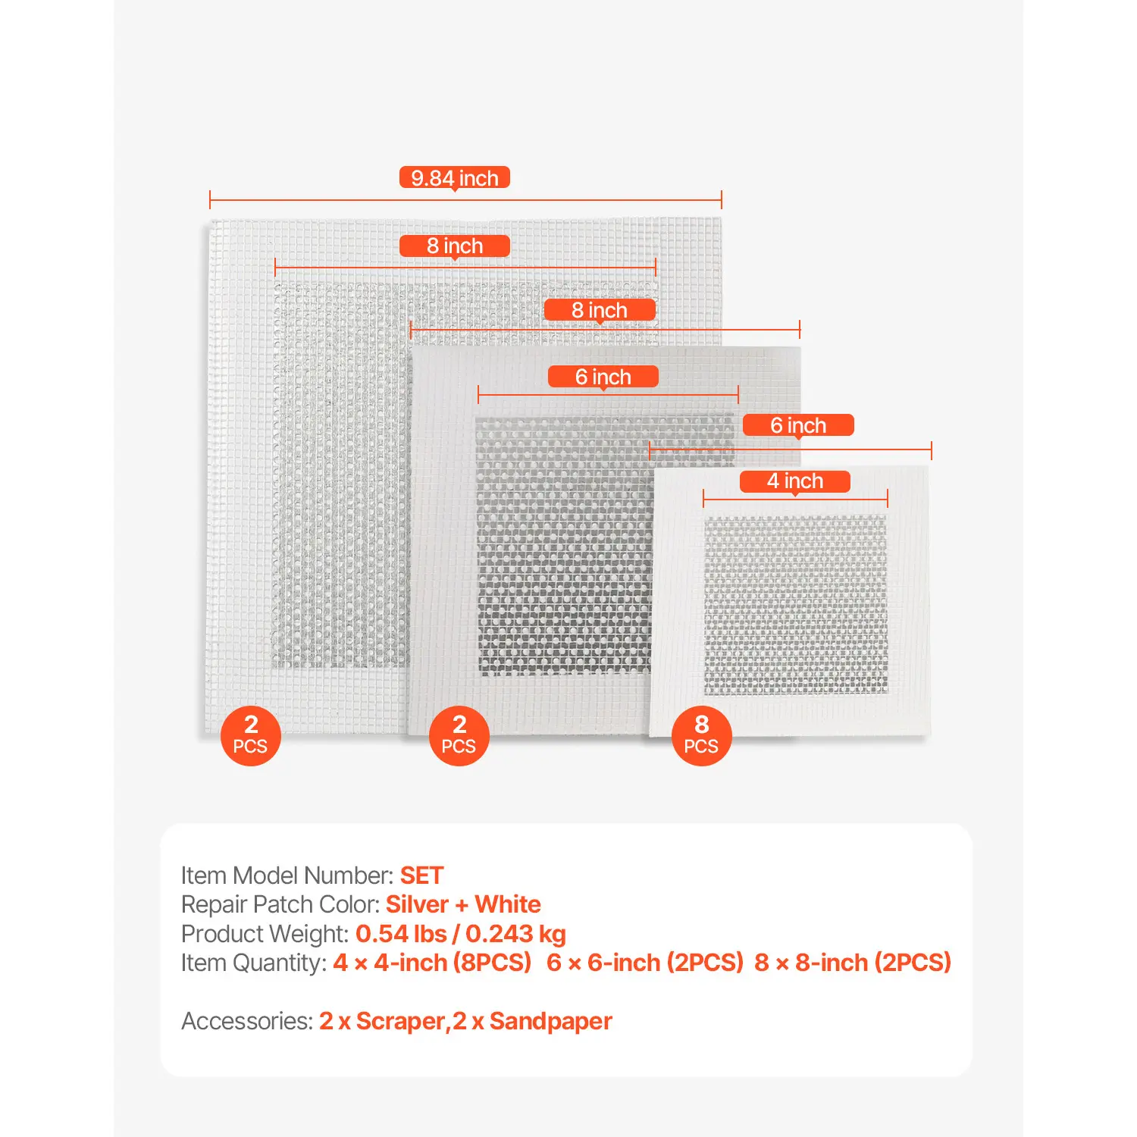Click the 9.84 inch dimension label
tap(454, 178)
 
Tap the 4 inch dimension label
tap(794, 481)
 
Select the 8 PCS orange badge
tap(701, 735)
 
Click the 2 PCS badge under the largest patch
tap(250, 735)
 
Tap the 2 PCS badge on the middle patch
tap(459, 735)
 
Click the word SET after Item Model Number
tap(421, 875)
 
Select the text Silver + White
tap(463, 904)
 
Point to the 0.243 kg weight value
tap(515, 934)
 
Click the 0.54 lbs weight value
tap(401, 934)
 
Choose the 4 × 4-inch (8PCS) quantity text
tap(432, 963)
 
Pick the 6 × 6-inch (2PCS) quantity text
tap(645, 963)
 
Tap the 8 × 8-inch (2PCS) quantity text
tap(853, 963)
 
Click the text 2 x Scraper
tap(381, 1021)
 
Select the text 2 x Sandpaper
tap(532, 1021)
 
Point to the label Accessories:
tap(247, 1021)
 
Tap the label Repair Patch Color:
tap(280, 904)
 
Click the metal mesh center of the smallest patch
tap(795, 604)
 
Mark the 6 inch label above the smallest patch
tap(798, 425)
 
